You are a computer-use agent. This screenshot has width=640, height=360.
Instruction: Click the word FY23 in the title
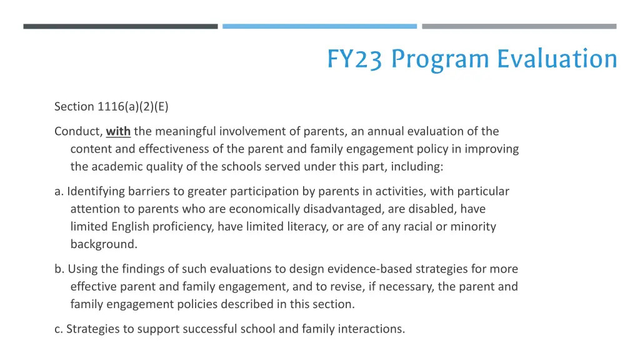(354, 59)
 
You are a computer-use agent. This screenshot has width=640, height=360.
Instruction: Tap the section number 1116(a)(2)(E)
(132, 106)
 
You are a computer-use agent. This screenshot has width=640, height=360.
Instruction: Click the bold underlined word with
(118, 131)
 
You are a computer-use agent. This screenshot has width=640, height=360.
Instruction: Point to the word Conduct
(78, 131)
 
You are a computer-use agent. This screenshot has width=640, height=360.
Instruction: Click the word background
(103, 244)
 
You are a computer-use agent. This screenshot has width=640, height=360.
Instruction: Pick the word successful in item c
(211, 328)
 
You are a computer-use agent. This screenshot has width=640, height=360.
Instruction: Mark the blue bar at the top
(319, 26)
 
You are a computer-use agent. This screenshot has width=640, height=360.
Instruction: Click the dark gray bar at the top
(121, 26)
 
